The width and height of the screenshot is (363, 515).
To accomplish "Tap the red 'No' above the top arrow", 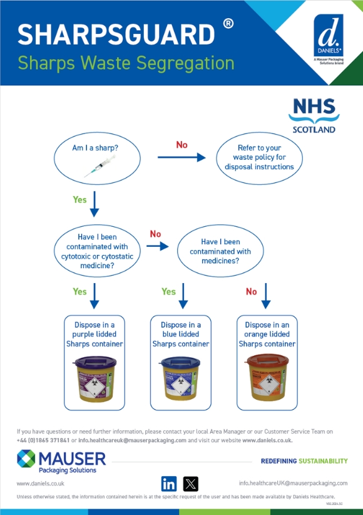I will [x=181, y=145].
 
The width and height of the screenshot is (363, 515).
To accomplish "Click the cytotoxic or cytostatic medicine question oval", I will [x=98, y=251].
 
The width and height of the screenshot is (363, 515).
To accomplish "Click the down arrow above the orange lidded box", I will [x=265, y=296].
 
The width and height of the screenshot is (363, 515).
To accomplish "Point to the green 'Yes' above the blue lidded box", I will [x=168, y=291].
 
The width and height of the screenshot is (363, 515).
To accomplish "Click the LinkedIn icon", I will [x=168, y=484].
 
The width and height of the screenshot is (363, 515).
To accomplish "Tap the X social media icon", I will [x=190, y=484].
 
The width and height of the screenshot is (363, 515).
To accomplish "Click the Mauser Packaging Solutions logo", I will [x=61, y=462].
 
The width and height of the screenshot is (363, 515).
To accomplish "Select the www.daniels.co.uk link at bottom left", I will [x=40, y=484].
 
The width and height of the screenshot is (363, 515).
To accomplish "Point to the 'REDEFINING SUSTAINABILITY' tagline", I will [x=304, y=461].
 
